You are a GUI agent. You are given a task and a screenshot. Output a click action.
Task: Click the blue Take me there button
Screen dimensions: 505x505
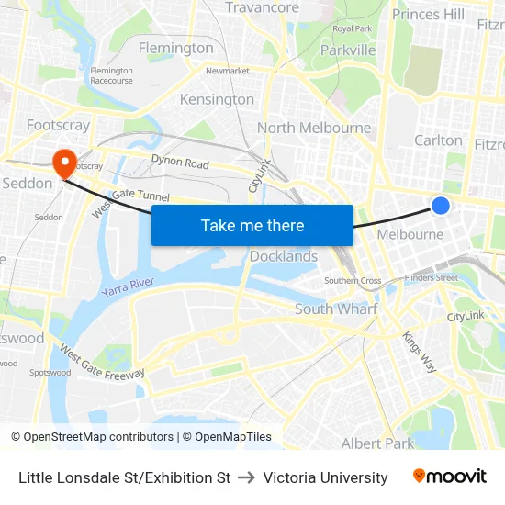252,225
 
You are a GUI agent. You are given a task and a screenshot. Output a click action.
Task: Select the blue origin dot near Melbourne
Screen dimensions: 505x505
441,206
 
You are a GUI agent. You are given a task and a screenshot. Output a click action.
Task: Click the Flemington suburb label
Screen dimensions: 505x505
175,48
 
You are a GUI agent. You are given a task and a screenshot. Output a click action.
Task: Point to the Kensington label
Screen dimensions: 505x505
217,99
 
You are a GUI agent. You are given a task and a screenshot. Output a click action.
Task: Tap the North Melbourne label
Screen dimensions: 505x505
314,128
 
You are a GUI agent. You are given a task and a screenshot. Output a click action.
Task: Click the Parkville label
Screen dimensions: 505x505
348,50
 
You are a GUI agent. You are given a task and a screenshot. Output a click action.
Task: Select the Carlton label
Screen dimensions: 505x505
438,140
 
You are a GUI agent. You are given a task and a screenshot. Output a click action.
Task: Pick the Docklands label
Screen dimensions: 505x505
284,256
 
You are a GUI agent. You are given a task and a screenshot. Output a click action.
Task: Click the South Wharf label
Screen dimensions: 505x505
335,309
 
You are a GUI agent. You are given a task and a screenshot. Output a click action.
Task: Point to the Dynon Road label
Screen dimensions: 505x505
180,163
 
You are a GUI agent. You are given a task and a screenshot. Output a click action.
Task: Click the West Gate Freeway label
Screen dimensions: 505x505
102,362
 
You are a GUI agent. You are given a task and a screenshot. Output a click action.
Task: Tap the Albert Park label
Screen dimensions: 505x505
377,443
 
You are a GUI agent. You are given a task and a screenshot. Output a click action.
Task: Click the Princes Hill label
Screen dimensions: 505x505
428,14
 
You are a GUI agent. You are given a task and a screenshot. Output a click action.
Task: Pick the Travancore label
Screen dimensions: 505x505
263,7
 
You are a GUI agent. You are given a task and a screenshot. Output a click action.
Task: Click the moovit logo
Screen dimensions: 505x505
450,477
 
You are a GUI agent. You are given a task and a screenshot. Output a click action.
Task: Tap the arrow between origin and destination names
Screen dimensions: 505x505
246,477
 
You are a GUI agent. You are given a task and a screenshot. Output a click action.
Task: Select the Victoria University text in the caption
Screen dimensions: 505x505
325,477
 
